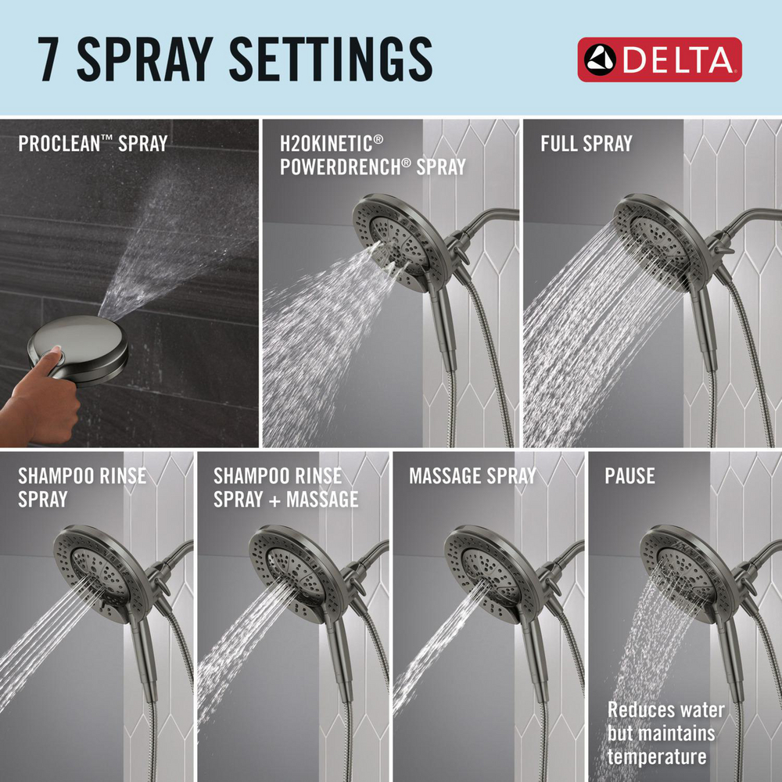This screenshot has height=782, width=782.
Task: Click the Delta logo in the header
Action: click(x=659, y=59)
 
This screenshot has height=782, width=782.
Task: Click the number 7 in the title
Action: click(x=48, y=59)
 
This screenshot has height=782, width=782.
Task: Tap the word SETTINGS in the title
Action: click(x=330, y=59)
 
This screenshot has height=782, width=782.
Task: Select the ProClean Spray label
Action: click(x=93, y=144)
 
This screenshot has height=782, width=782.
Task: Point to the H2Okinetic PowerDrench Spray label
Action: click(x=372, y=155)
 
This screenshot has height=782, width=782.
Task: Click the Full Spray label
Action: click(x=586, y=144)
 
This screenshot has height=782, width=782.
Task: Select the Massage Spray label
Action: click(x=472, y=475)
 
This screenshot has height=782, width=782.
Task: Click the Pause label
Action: click(x=630, y=475)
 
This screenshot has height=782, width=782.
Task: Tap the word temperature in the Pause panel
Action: click(x=656, y=756)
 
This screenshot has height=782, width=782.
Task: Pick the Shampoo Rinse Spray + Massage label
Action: click(x=285, y=488)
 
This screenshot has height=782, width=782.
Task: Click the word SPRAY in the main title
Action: click(x=145, y=59)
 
